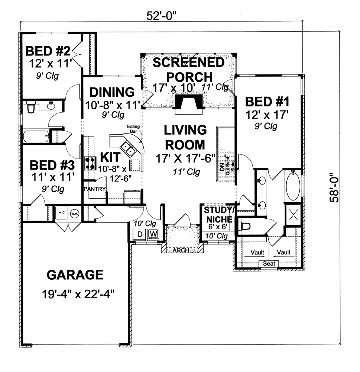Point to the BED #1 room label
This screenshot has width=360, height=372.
(x=267, y=101)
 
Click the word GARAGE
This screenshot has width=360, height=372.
(x=75, y=275)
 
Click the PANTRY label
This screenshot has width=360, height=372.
(x=95, y=189)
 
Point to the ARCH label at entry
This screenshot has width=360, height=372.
(x=181, y=250)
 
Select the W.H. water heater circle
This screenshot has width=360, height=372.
(x=74, y=213)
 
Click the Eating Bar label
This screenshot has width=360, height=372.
(x=133, y=129)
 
